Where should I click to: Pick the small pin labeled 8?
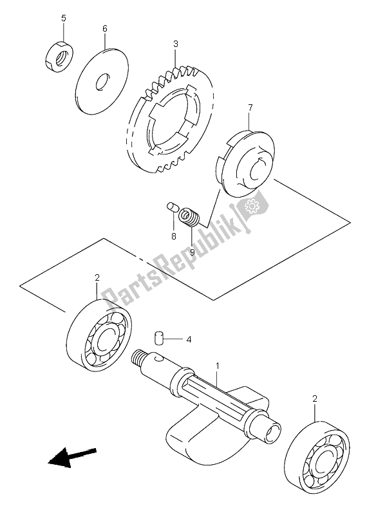(x=172, y=207)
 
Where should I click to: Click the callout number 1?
(x=218, y=366)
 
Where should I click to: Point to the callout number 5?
(x=63, y=18)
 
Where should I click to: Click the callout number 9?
(x=191, y=252)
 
